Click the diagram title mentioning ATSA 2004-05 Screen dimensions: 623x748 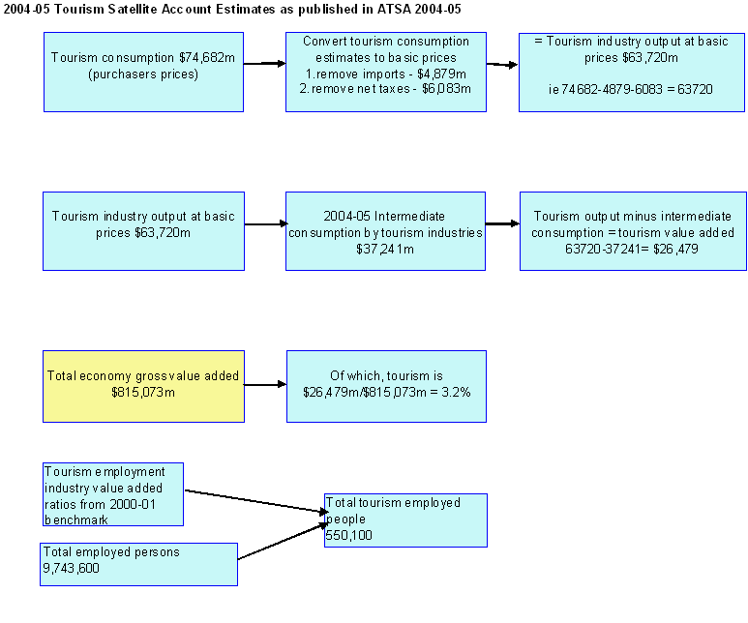(233, 9)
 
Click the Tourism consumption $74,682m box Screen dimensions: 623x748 (143, 71)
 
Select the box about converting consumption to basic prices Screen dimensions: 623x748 (386, 71)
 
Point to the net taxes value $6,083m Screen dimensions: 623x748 (446, 88)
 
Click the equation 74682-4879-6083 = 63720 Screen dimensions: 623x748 (630, 88)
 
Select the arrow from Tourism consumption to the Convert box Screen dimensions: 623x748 (264, 64)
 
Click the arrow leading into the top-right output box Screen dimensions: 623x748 (501, 66)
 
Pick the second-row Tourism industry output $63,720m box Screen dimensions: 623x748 (143, 230)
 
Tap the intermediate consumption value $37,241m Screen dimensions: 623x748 (385, 249)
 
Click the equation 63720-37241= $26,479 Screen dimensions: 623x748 (633, 249)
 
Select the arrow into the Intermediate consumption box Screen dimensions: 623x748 (264, 225)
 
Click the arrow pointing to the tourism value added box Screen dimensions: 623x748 (501, 223)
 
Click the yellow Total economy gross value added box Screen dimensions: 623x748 (143, 386)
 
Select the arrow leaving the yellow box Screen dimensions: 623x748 (265, 385)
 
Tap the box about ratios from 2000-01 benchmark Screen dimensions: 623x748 (113, 494)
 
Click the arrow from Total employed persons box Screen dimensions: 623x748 (281, 543)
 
